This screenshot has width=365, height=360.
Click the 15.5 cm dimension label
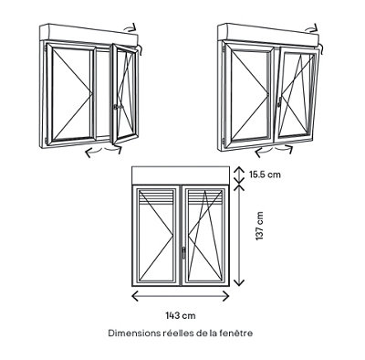265,175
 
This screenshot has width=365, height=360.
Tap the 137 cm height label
259,226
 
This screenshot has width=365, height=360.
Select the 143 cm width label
181,315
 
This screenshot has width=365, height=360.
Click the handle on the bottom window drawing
183,252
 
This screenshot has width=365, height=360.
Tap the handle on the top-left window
117,107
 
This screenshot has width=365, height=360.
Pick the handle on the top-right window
279,101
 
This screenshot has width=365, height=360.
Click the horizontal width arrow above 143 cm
181,296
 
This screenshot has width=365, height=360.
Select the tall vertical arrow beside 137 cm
240,235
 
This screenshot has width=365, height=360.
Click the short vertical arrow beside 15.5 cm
239,175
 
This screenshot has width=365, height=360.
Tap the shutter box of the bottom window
181,175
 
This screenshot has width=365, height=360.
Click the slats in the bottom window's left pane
157,196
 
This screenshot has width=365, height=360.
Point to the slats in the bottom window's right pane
204,196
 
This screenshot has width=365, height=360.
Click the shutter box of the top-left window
89,33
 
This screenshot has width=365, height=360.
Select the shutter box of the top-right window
268,33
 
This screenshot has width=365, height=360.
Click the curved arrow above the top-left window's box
131,27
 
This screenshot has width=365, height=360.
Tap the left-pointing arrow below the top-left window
94,153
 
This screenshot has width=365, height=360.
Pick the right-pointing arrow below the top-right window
285,149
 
